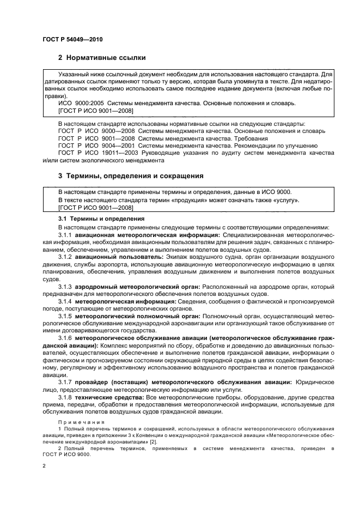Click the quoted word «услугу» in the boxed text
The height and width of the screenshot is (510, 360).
coord(285,201)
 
